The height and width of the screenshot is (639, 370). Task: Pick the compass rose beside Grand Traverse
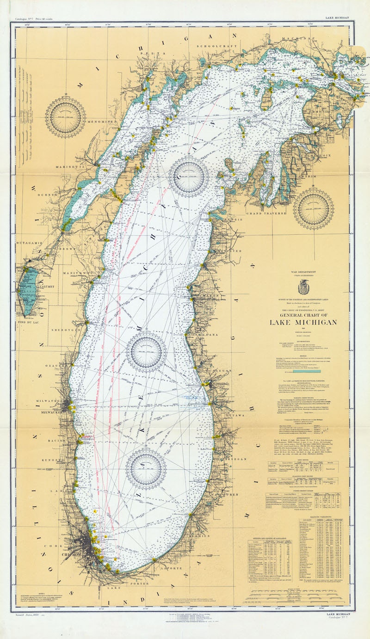coord(314,209)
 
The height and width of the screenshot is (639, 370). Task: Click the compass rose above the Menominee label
coord(65,117)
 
